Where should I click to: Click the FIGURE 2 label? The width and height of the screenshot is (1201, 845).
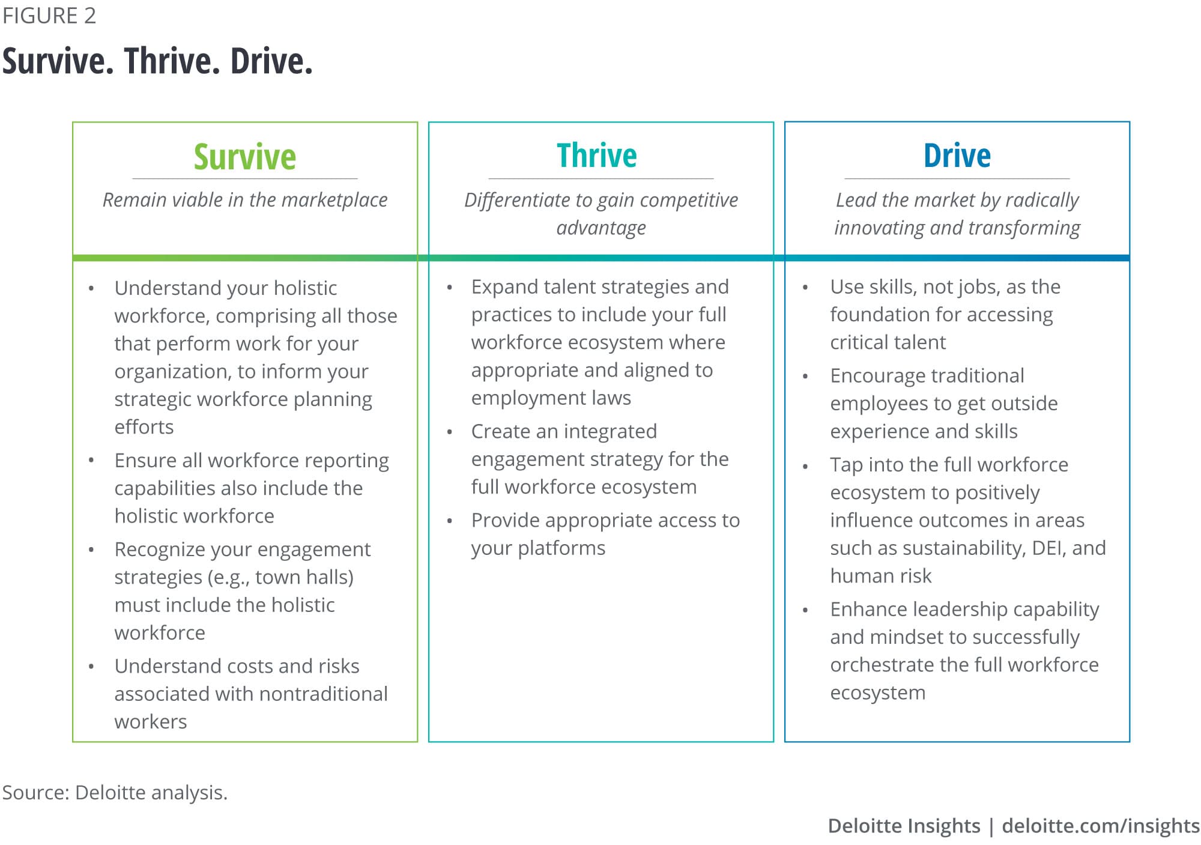coord(49,16)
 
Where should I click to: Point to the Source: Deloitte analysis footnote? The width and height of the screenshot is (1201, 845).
coord(115,792)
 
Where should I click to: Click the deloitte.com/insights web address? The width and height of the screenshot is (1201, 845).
coord(1101,826)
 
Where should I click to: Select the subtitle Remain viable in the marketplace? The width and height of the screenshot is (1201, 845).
coord(245,200)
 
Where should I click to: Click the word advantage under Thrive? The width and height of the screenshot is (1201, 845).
coord(601,228)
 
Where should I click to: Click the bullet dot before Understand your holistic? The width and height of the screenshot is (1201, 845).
coord(91,289)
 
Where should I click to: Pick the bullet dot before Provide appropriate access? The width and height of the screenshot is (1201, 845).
coord(449,521)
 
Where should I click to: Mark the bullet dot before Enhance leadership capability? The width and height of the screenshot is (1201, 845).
coord(805,610)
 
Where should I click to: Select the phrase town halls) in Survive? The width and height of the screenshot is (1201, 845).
coord(304,577)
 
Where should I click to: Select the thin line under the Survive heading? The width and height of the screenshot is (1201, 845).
coord(245,178)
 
